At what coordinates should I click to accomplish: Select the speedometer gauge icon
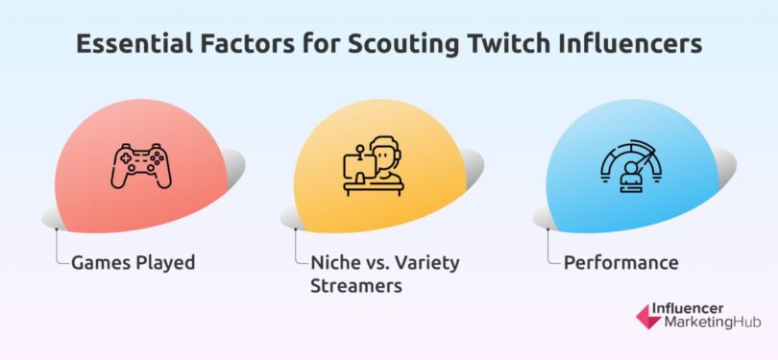pyautogui.click(x=630, y=165)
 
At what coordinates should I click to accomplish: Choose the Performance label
pyautogui.click(x=621, y=262)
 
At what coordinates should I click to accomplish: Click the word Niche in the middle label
pyautogui.click(x=334, y=262)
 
